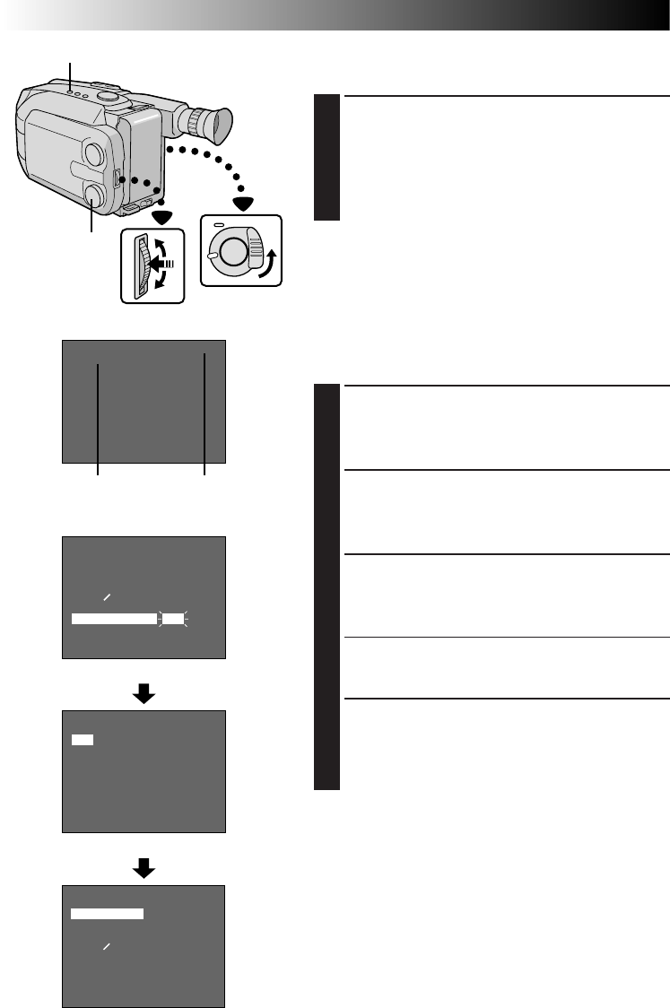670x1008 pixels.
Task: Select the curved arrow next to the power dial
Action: [268, 265]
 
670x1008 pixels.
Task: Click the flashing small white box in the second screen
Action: [173, 618]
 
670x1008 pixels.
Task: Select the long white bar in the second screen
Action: [114, 618]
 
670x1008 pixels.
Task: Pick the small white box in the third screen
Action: [83, 740]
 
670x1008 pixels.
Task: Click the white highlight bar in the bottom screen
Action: [107, 913]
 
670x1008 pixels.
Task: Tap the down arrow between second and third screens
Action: [144, 693]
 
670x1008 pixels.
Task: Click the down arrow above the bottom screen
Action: [144, 866]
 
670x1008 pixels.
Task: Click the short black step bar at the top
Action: [327, 158]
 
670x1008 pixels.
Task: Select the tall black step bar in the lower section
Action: [327, 587]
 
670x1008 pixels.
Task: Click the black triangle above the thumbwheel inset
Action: [161, 216]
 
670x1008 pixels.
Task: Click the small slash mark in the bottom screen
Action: [106, 946]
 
